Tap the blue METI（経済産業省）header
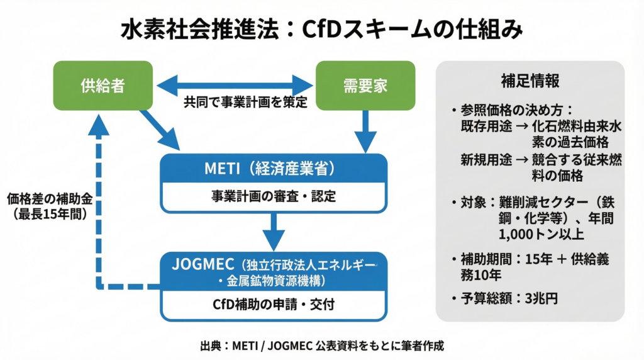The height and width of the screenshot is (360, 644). (x=274, y=169)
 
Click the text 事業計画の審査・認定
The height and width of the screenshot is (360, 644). (x=274, y=196)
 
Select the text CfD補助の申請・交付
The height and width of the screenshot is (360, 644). (x=274, y=305)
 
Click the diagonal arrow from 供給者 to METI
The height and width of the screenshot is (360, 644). (x=160, y=130)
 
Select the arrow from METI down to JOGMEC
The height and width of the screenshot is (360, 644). (x=274, y=232)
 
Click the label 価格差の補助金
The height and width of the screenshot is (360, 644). (x=50, y=200)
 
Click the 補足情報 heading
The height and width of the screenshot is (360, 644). (x=530, y=81)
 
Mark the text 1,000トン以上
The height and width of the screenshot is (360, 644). (x=540, y=234)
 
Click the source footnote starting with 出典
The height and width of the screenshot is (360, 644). (x=321, y=346)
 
